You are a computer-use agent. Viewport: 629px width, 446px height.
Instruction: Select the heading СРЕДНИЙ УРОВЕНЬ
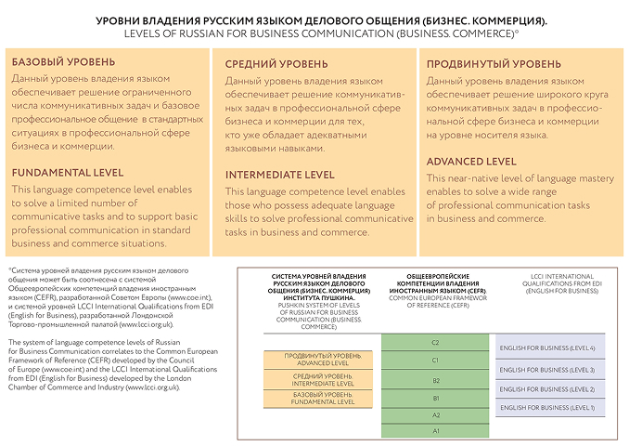coord(276,64)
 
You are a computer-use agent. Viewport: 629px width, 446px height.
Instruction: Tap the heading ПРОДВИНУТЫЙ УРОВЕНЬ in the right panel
coord(494,64)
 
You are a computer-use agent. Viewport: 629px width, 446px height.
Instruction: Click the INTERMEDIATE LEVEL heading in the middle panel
coord(280,175)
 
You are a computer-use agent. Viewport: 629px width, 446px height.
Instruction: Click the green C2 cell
coord(435,342)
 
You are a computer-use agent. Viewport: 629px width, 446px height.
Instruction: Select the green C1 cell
coord(435,360)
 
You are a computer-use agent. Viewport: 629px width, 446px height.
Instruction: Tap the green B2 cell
coord(435,380)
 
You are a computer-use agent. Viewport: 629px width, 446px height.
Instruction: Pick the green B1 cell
coord(435,398)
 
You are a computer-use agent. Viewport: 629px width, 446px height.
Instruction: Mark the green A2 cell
coord(435,415)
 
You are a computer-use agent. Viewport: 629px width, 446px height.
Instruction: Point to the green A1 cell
coord(435,431)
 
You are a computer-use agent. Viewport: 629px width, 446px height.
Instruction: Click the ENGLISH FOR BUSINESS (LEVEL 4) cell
coord(547,348)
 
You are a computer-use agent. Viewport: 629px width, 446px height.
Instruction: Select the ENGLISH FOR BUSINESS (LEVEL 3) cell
coord(547,369)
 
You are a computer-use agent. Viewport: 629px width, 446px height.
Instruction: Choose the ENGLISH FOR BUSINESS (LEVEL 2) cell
coord(547,387)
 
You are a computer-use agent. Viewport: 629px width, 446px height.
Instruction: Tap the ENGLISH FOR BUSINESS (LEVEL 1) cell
coord(547,407)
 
